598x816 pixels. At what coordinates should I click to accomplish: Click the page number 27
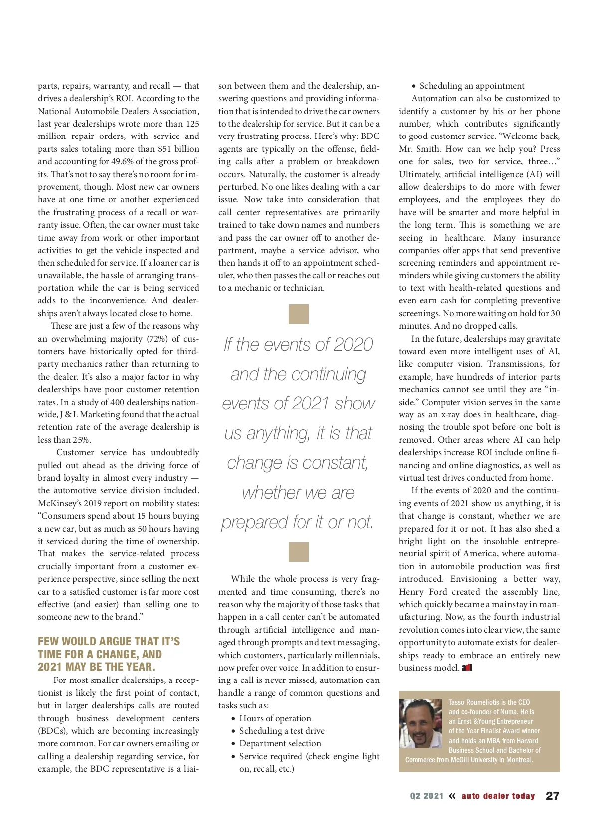pyautogui.click(x=552, y=796)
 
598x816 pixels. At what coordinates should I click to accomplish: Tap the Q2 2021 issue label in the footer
pyautogui.click(x=426, y=796)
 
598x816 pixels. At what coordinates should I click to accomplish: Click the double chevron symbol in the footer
pyautogui.click(x=452, y=796)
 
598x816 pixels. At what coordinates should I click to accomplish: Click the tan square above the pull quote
pyautogui.click(x=299, y=314)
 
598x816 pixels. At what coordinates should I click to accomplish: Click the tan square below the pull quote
pyautogui.click(x=299, y=552)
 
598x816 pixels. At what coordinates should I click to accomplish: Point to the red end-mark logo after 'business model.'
pyautogui.click(x=467, y=668)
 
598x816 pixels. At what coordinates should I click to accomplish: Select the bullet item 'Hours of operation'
pyautogui.click(x=275, y=718)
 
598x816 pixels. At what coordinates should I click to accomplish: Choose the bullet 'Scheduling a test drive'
pyautogui.click(x=282, y=731)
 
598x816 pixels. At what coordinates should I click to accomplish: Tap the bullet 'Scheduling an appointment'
pyautogui.click(x=471, y=86)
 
